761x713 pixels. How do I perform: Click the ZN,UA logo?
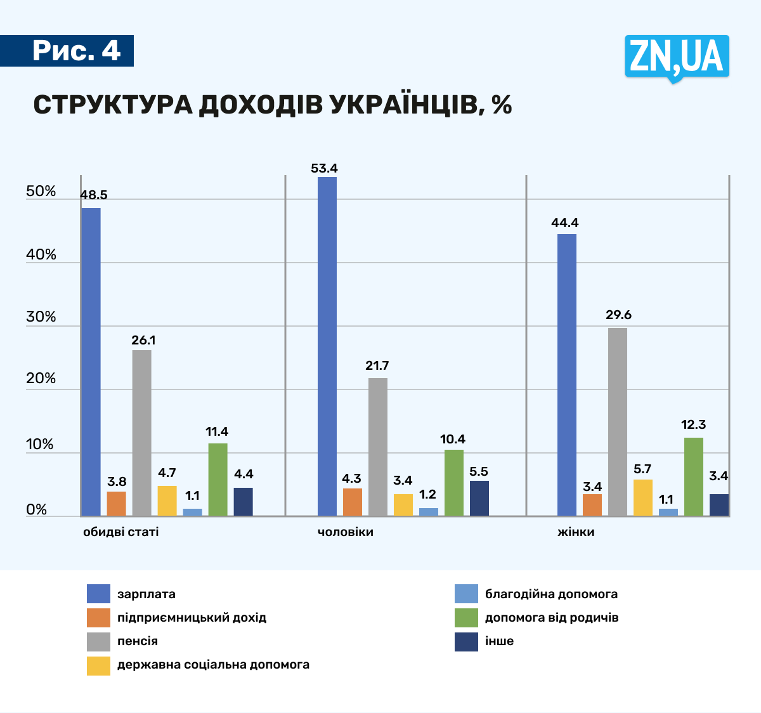676,57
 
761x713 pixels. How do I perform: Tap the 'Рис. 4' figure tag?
76,51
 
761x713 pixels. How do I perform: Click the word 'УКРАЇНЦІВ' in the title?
400,105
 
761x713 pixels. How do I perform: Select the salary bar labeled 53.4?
327,346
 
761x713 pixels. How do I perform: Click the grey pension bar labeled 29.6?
618,421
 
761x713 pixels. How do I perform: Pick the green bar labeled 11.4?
218,479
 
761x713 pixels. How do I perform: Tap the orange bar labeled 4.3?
353,502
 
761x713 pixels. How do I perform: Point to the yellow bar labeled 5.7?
643,497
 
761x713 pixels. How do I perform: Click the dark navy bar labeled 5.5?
479,498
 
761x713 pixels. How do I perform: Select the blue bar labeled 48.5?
91,362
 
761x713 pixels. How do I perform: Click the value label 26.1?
143,341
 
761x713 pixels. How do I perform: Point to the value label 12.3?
693,425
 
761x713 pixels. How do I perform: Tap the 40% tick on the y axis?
41,255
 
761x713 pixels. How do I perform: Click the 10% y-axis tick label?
40,445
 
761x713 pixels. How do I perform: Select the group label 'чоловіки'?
346,532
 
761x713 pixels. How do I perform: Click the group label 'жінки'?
576,532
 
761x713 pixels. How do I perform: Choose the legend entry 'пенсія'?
138,641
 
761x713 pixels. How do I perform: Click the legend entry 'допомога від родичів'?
552,618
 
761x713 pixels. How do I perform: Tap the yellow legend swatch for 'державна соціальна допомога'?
98,665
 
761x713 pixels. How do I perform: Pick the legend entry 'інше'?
499,641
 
